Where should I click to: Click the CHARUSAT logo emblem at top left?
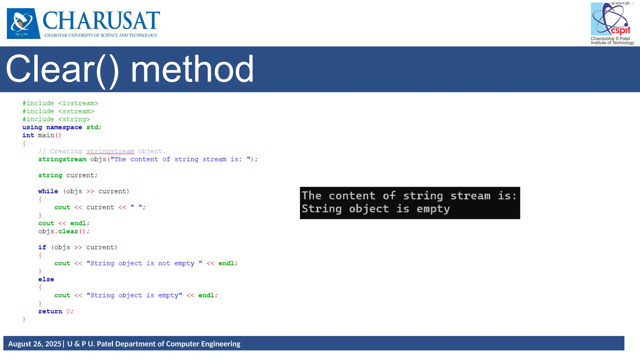tap(23, 23)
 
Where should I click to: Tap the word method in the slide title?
tap(192, 69)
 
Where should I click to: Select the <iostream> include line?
tap(60, 103)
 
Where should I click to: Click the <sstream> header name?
tap(76, 111)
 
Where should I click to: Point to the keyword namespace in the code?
tap(64, 127)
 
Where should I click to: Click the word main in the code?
tap(46, 135)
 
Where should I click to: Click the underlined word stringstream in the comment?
tap(110, 151)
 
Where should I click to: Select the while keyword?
tap(48, 191)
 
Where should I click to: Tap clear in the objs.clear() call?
tap(68, 231)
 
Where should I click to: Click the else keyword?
tap(46, 279)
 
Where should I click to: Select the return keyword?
tap(50, 311)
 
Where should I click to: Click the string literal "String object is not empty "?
tap(144, 263)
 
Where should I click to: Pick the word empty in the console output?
tap(433, 209)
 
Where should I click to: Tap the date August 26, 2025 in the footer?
tap(34, 344)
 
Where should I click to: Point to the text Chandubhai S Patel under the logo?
tap(610, 39)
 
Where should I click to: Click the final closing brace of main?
tap(24, 319)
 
